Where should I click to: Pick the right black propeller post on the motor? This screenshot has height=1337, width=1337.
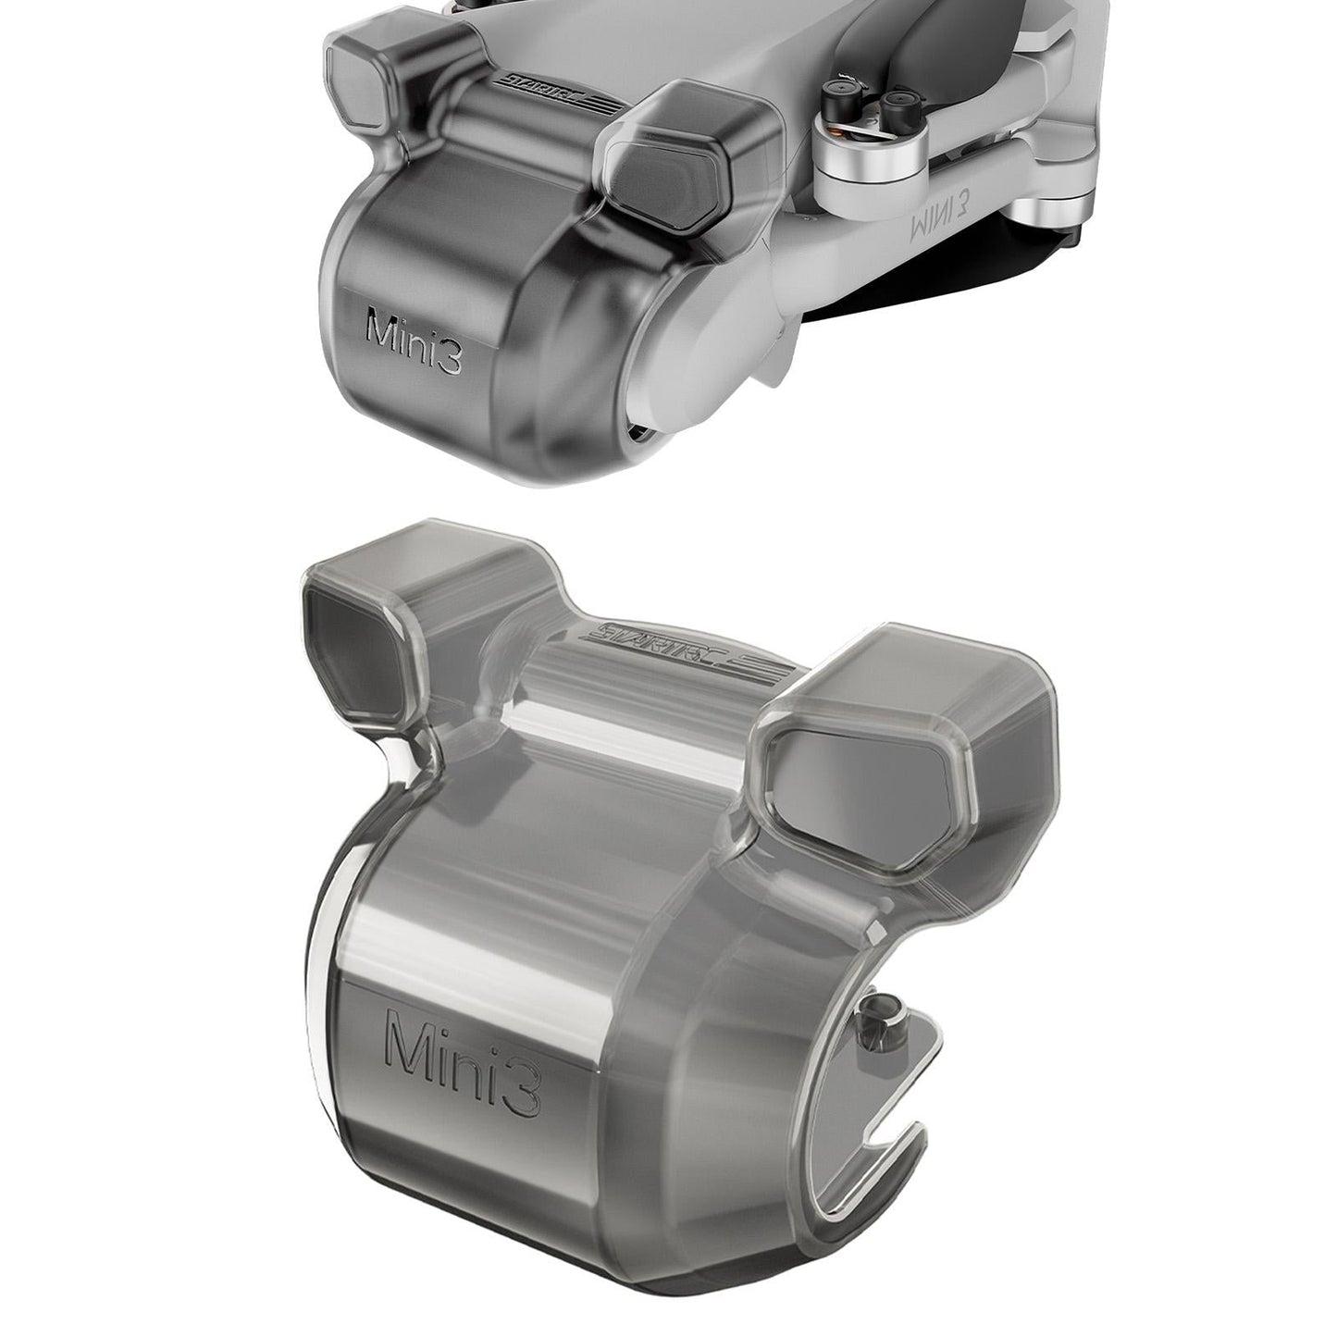click(x=898, y=101)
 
